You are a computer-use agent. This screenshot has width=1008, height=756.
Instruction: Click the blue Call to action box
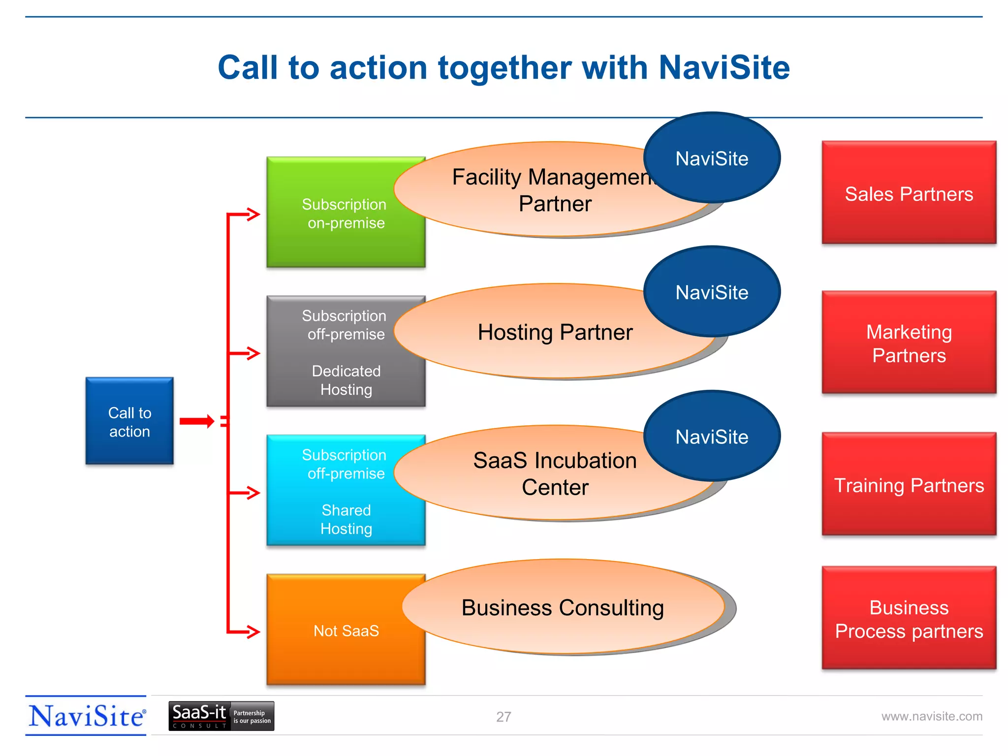pyautogui.click(x=129, y=421)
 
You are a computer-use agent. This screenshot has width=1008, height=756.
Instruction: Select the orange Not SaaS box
pyautogui.click(x=346, y=630)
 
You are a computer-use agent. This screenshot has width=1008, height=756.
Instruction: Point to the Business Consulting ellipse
pyautogui.click(x=563, y=607)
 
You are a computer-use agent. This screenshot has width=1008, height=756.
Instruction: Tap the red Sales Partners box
pyautogui.click(x=909, y=193)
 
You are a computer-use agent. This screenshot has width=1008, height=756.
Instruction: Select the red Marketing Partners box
pyautogui.click(x=909, y=343)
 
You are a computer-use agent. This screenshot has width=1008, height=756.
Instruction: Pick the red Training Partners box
pyautogui.click(x=909, y=485)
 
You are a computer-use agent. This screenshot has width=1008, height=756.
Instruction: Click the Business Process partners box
pyautogui.click(x=909, y=619)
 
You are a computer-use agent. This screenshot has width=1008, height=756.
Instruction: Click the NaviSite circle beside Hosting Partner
pyautogui.click(x=712, y=292)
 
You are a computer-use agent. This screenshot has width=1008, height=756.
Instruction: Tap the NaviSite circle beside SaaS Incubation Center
pyautogui.click(x=712, y=436)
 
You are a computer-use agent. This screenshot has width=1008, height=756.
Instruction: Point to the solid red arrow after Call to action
pyautogui.click(x=196, y=421)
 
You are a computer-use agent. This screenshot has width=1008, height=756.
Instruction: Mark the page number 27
pyautogui.click(x=504, y=717)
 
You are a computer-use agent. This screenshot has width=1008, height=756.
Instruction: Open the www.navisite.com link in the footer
pyautogui.click(x=931, y=716)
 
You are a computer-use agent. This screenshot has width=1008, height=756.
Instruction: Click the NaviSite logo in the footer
pyautogui.click(x=87, y=716)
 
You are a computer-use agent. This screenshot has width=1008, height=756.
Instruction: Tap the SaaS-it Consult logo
pyautogui.click(x=221, y=716)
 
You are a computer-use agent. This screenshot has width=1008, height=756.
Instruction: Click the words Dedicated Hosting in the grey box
pyautogui.click(x=346, y=380)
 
